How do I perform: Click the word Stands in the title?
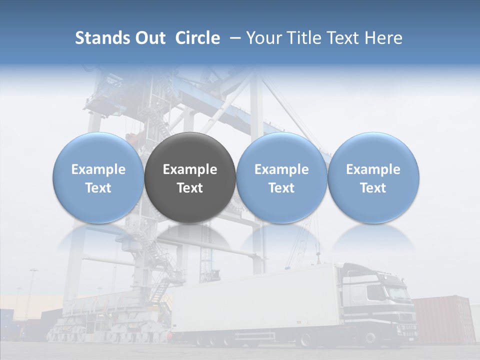coord(102,38)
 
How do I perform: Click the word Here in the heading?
coord(383,38)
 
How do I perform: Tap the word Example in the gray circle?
coord(190,169)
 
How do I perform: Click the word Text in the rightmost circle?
coord(373,188)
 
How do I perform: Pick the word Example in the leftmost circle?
coord(98,169)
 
